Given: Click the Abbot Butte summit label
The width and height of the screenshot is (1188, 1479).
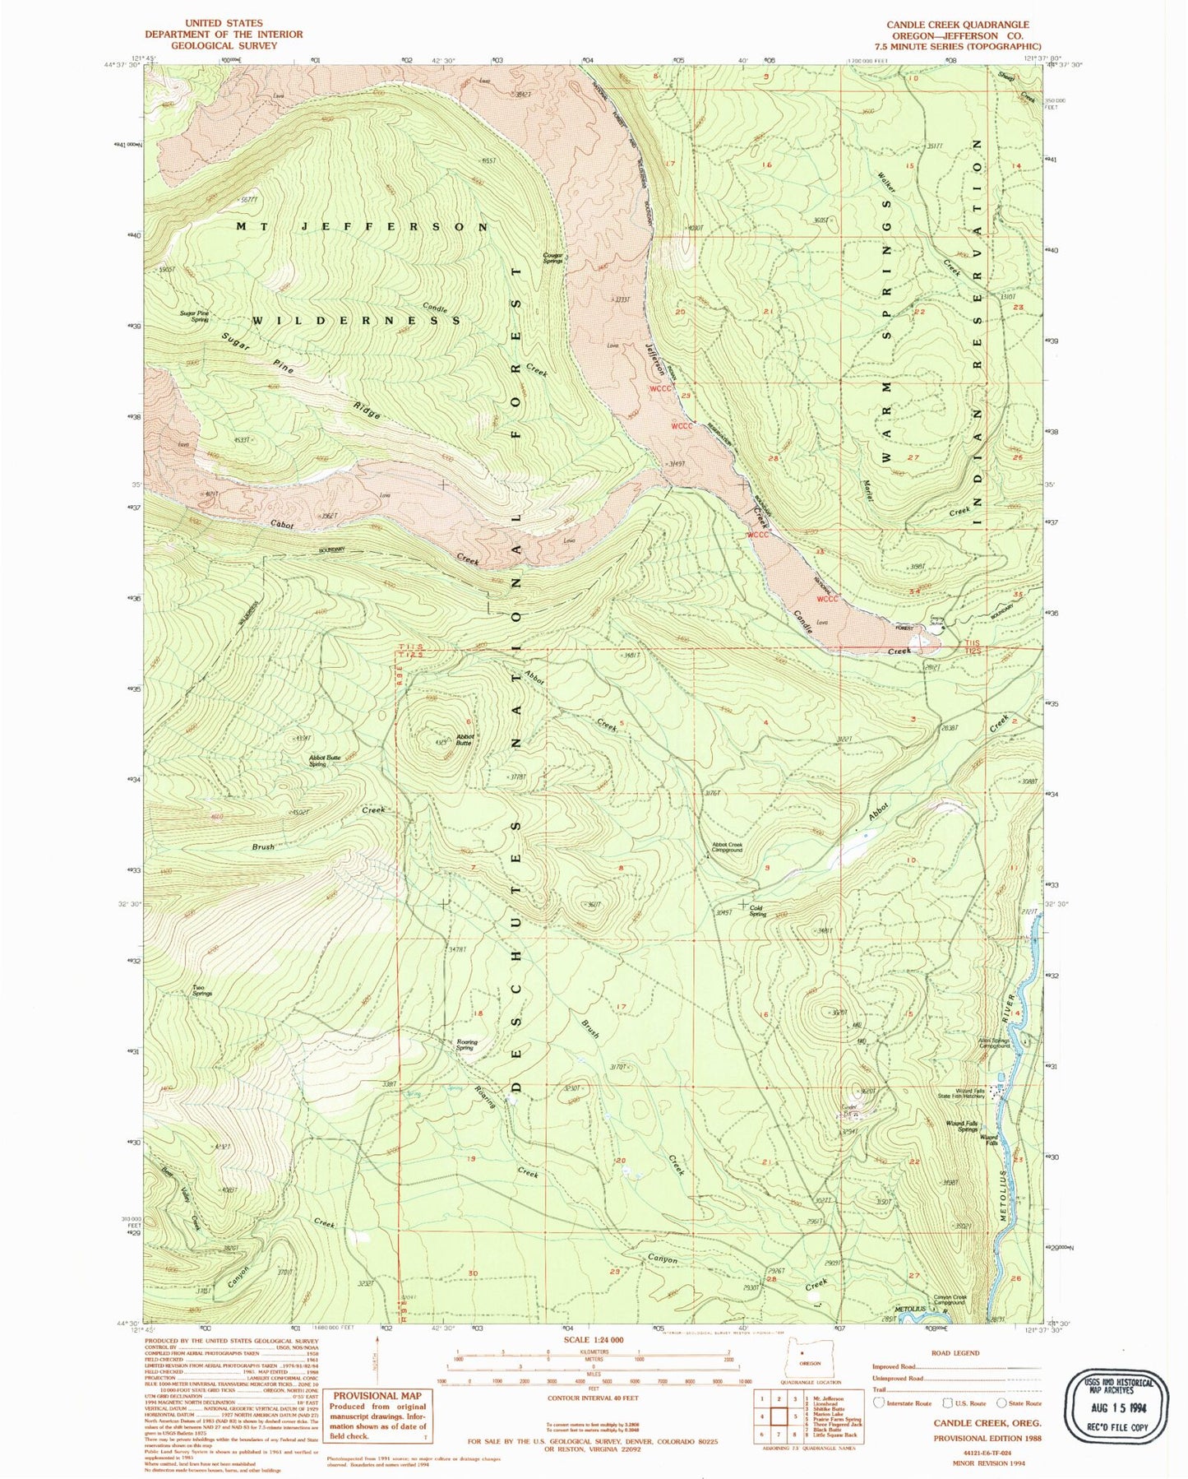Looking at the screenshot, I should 465,739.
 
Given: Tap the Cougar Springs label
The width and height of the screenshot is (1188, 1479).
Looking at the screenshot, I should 553,257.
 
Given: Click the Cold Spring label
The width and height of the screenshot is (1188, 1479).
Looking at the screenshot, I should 757,911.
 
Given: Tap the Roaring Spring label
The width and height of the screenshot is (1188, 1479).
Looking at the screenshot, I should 466,1045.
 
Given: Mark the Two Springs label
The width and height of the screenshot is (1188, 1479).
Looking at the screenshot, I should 202,990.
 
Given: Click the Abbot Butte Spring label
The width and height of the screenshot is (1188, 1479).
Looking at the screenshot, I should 324,760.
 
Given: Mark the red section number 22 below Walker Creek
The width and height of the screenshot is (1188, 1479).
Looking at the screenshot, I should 919,313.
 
